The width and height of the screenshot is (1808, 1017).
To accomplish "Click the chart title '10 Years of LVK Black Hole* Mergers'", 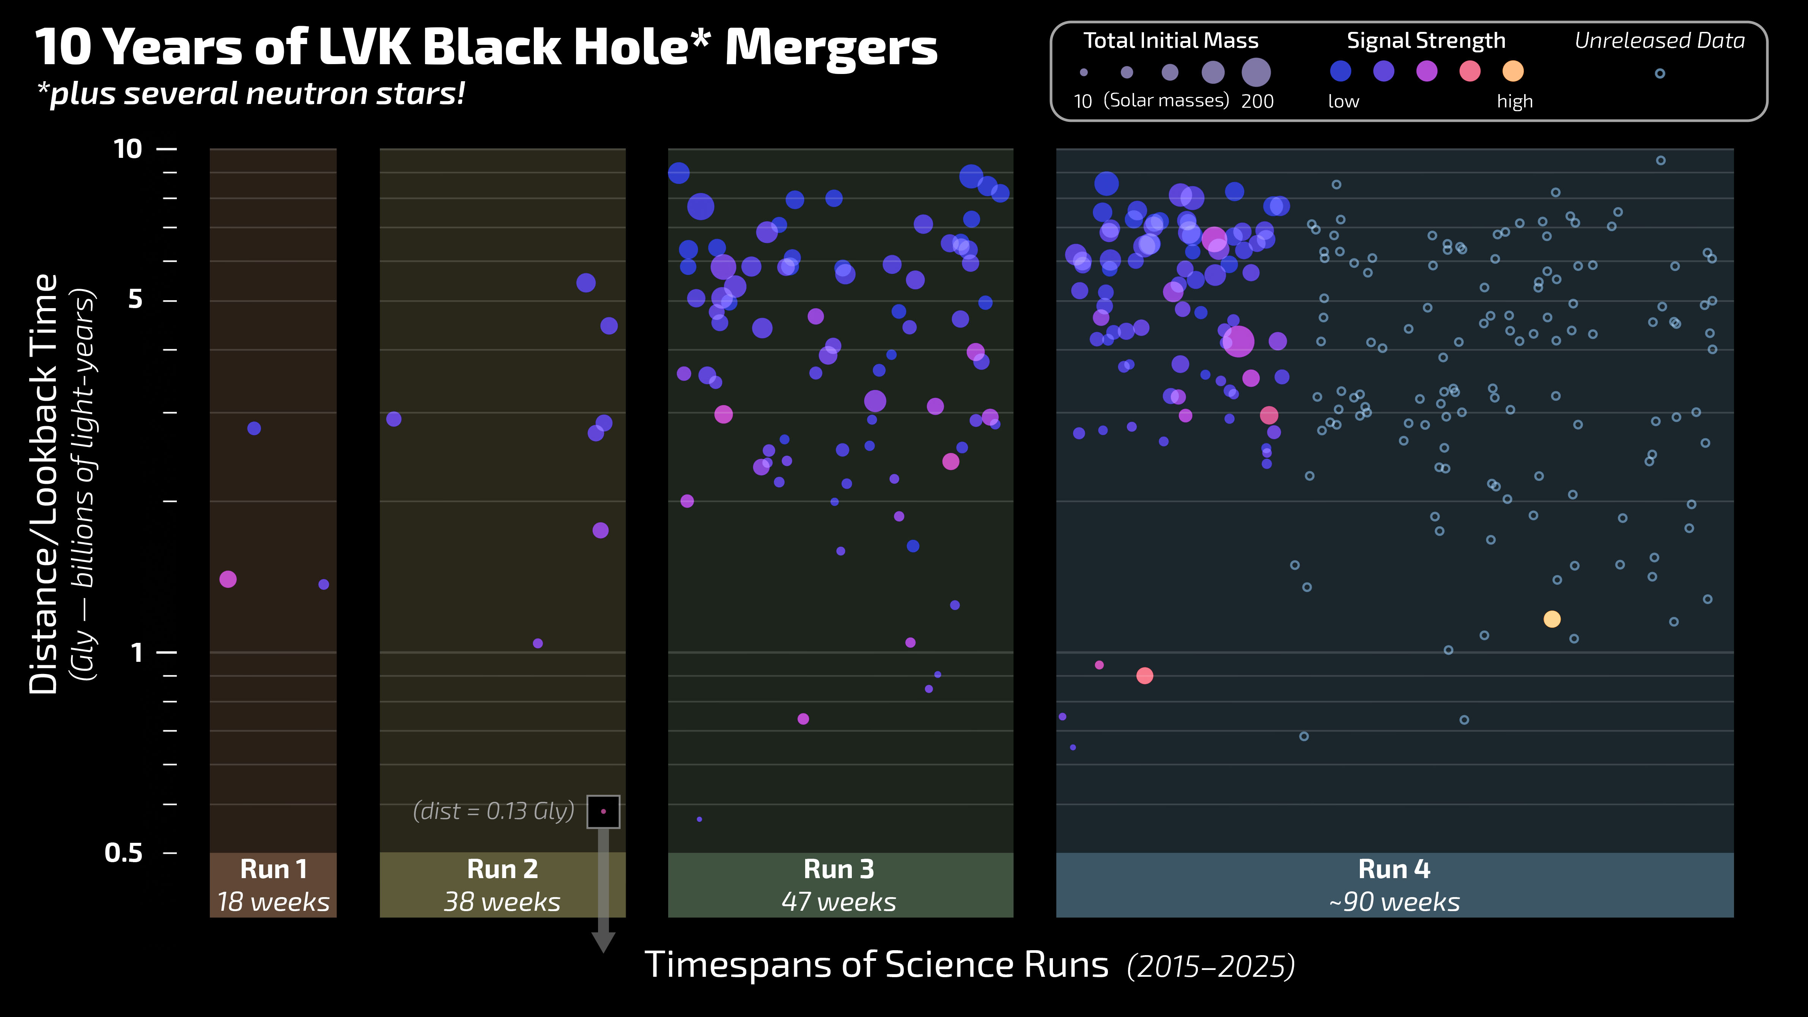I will point(486,48).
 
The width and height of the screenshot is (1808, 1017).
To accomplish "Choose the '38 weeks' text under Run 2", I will point(502,902).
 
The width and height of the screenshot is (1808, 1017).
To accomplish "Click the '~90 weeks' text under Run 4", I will point(1394,902).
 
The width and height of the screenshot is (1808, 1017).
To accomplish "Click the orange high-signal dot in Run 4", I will point(1552,619).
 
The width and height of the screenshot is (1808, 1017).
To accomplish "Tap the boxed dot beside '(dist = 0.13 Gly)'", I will point(603,811).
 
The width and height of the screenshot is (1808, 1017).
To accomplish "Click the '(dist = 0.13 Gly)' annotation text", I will point(493,811).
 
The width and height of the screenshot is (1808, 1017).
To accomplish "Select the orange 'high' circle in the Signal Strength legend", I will point(1512,71).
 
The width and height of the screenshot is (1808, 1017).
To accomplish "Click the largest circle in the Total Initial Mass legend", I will point(1256,72).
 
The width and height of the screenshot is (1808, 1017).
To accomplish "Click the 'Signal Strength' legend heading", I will point(1426,41).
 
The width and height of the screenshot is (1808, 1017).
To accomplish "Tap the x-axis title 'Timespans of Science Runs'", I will point(876,965).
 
